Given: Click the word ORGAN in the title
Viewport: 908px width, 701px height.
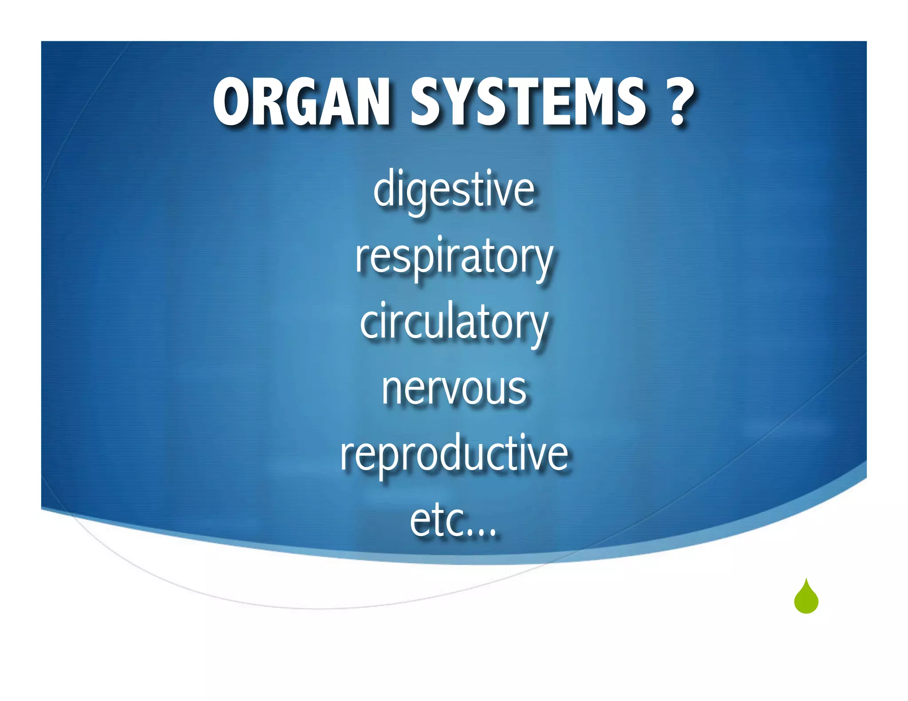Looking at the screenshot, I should [301, 102].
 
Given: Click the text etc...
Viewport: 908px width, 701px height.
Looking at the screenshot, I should [452, 521].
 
